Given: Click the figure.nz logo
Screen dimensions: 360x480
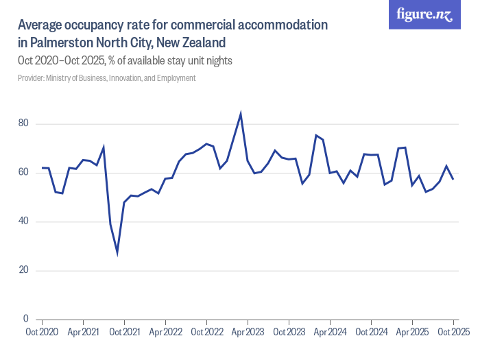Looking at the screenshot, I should click(x=424, y=15).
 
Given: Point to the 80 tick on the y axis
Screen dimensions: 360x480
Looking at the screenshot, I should click(x=25, y=124).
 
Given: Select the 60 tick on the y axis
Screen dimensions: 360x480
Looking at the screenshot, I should click(x=25, y=173).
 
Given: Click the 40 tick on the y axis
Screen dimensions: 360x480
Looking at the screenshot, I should click(x=25, y=221).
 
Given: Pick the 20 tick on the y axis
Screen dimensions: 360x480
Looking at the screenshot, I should click(x=25, y=270).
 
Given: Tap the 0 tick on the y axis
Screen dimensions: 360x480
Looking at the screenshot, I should click(x=27, y=319).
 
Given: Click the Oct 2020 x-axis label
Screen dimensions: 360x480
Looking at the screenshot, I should click(x=42, y=332).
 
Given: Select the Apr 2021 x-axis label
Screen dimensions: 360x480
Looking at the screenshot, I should click(x=83, y=332).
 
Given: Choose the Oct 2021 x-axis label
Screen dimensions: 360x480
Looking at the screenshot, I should click(x=124, y=332).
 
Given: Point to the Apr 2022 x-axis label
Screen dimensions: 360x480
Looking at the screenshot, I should click(x=165, y=332).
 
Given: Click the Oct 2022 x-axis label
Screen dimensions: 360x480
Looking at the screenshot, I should click(x=206, y=332).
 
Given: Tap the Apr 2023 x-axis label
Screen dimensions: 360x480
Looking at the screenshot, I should click(x=248, y=332).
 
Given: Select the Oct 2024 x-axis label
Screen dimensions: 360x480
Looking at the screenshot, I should click(x=371, y=332).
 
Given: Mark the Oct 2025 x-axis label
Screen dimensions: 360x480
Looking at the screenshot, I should click(x=453, y=332).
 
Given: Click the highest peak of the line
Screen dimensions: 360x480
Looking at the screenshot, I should click(x=241, y=114).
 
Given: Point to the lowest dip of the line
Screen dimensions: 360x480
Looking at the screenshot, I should click(x=117, y=253).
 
